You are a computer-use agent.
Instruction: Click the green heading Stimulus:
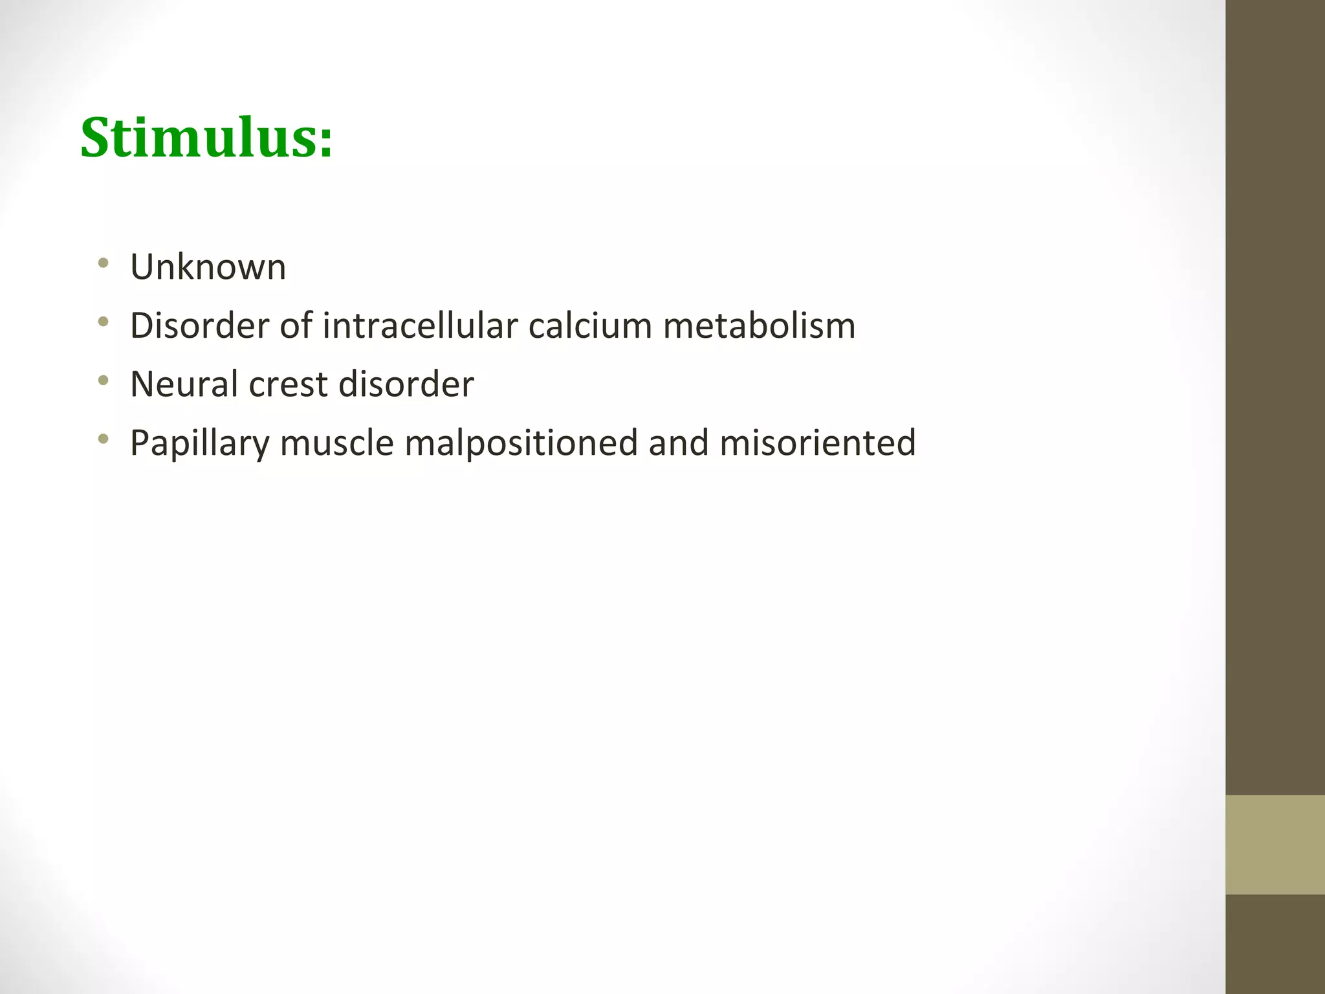click(206, 138)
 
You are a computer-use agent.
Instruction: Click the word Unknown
click(208, 267)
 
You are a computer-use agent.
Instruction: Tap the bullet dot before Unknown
click(102, 263)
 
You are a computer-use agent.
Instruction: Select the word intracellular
click(420, 325)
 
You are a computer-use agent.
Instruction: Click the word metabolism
click(759, 325)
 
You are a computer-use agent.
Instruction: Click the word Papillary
click(199, 444)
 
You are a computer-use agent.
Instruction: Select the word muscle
click(336, 443)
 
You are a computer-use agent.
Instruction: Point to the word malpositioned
click(521, 444)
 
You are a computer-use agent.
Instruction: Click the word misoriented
click(817, 443)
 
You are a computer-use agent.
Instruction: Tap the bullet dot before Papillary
click(102, 439)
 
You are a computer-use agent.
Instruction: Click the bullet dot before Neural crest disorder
click(102, 381)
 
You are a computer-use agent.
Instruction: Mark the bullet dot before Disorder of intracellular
click(102, 322)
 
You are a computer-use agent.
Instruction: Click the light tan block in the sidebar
click(1275, 845)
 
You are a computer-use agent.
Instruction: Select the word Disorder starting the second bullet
click(199, 325)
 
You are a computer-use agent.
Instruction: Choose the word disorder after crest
click(406, 384)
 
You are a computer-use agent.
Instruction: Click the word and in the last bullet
click(679, 443)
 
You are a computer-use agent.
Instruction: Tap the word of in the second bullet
click(294, 325)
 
